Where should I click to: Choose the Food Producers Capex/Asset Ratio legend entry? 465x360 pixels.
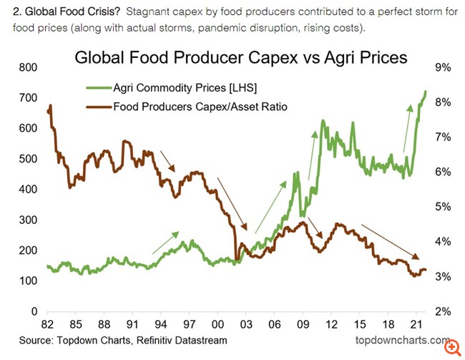200,107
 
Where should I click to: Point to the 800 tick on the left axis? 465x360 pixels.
26,67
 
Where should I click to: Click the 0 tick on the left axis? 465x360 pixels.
32,312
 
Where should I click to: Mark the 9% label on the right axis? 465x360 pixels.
442,67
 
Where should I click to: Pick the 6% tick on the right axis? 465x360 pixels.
442,172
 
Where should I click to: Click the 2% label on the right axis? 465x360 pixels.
442,312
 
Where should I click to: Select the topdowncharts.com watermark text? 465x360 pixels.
399,341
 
